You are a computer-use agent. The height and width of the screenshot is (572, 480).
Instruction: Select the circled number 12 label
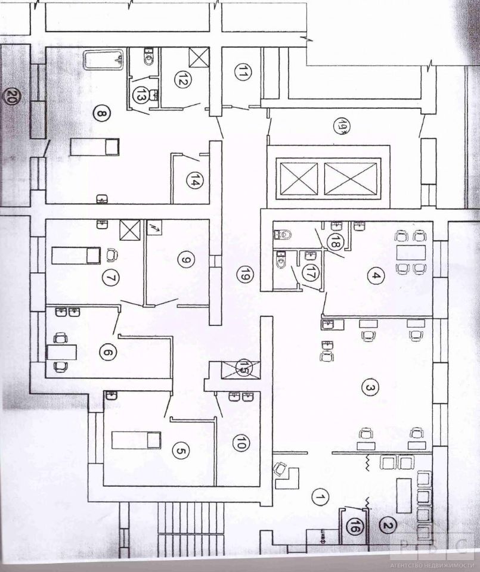(x=182, y=79)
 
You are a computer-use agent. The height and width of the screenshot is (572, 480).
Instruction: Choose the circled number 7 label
(x=108, y=277)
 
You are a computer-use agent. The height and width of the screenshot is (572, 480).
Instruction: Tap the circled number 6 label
(x=108, y=352)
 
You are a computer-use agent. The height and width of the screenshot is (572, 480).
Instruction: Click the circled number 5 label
(x=181, y=451)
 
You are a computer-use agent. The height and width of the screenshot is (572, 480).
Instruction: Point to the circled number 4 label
(x=376, y=276)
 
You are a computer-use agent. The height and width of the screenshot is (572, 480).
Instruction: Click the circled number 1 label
(x=320, y=496)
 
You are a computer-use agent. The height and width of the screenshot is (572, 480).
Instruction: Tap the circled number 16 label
(x=355, y=526)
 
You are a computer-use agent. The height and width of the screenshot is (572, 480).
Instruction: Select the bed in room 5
(x=137, y=440)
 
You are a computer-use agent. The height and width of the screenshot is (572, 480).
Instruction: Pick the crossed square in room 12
(x=199, y=57)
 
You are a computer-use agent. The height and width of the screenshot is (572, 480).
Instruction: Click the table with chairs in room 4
(x=411, y=252)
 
